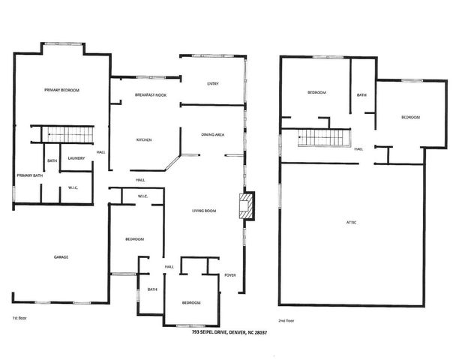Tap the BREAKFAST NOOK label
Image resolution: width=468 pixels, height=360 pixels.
pyautogui.click(x=151, y=95)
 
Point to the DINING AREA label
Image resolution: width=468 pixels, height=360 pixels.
pyautogui.click(x=214, y=134)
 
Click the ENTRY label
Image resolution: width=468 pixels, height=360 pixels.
pyautogui.click(x=212, y=83)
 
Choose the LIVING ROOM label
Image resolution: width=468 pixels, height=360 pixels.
pyautogui.click(x=203, y=211)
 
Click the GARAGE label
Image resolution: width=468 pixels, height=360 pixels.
pyautogui.click(x=61, y=257)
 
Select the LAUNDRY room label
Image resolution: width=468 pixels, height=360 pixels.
pyautogui.click(x=76, y=158)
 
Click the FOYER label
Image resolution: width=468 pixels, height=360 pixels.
pyautogui.click(x=230, y=275)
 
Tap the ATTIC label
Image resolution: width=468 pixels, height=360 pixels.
pyautogui.click(x=351, y=223)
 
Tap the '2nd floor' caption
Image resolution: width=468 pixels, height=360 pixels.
pyautogui.click(x=286, y=320)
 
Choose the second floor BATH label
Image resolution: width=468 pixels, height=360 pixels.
pyautogui.click(x=361, y=95)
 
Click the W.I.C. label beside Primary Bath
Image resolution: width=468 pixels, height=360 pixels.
pyautogui.click(x=73, y=187)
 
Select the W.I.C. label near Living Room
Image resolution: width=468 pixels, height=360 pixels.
pyautogui.click(x=145, y=197)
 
